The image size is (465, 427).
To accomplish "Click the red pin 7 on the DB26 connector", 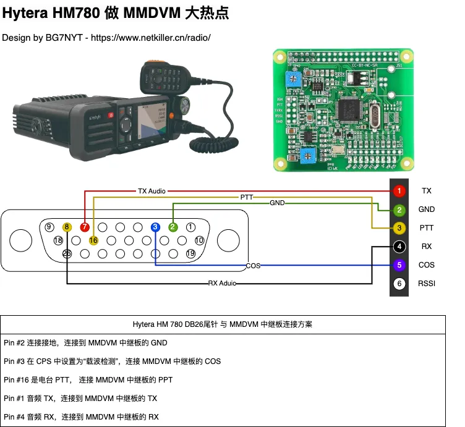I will click(x=85, y=227).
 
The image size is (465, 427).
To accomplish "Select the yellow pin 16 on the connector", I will click(x=93, y=240).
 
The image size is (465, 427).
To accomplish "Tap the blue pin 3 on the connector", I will click(x=155, y=227).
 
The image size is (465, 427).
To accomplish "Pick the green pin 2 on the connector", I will click(x=173, y=227).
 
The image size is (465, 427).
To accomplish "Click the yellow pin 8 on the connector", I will click(x=67, y=227).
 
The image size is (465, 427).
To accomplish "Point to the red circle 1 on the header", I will click(x=400, y=191).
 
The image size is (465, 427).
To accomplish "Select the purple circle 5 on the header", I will click(x=400, y=265).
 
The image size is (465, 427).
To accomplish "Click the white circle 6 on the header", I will click(x=400, y=284).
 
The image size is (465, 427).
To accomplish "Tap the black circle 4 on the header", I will click(x=400, y=247).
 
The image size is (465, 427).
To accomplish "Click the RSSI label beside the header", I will click(x=427, y=284).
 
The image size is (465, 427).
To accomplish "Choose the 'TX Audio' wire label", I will click(x=151, y=192).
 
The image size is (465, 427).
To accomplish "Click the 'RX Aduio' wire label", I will click(x=222, y=284).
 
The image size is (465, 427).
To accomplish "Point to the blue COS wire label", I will click(x=253, y=266).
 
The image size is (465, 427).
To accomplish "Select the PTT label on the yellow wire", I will click(x=247, y=197).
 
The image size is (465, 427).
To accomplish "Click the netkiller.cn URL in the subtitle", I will click(x=151, y=38).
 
